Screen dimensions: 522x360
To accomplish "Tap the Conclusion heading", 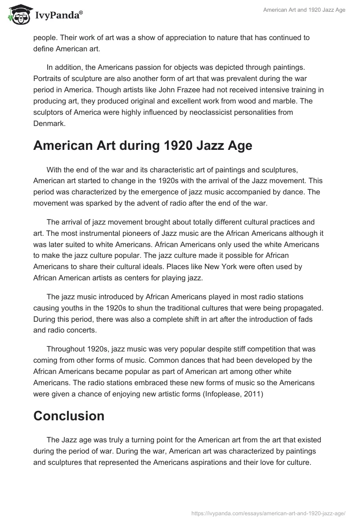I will (69, 415).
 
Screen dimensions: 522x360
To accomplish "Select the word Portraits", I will (49, 79).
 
